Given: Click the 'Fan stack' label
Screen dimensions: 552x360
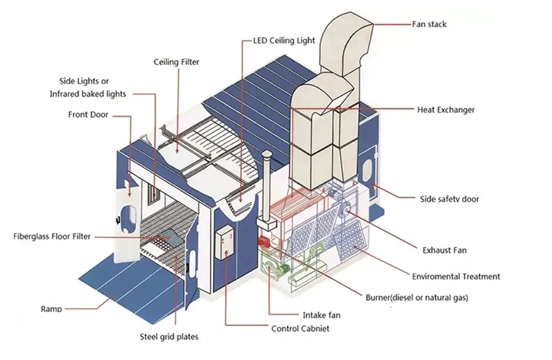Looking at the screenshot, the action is point(429,24).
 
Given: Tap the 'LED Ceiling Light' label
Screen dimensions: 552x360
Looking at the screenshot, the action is point(283,41).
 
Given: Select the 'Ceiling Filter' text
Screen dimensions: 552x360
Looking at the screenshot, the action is point(177,62).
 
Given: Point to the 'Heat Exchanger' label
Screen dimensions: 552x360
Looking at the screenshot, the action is point(446,110).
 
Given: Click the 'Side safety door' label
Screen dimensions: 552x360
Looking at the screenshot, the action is point(449,199).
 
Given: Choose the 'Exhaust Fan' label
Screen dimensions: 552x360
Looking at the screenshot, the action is point(444,250).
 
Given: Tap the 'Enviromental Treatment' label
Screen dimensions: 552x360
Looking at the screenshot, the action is point(456,277).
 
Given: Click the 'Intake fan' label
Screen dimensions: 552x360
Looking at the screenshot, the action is point(321,315).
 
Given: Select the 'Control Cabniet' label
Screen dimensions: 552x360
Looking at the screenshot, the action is point(300,329).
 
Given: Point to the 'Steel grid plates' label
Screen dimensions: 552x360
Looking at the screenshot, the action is point(169,337).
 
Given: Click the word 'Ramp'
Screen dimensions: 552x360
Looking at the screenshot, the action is point(51,309).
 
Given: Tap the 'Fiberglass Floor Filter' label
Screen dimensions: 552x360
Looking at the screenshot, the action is point(51,236).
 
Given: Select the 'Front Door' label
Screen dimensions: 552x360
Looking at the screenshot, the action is point(88,114).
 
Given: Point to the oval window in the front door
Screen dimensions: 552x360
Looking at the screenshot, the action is point(129,219).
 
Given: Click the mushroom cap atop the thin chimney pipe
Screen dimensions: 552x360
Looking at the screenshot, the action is point(267,154).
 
